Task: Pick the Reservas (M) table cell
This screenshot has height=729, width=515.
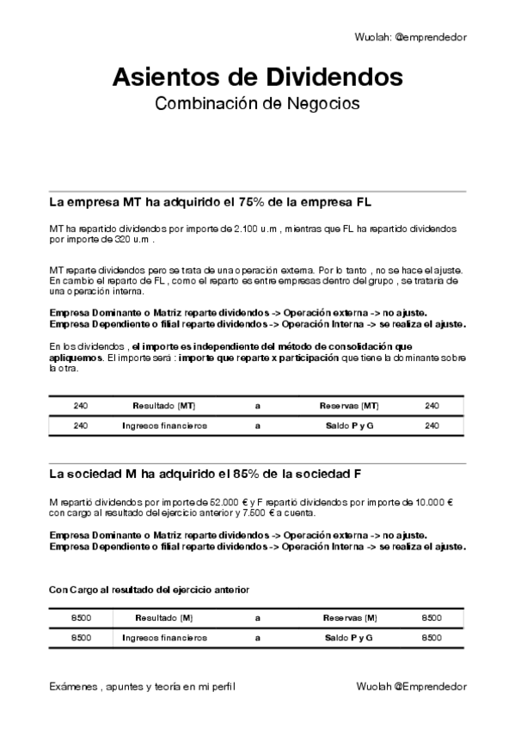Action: click(x=349, y=618)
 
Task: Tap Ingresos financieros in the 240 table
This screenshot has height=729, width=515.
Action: click(x=164, y=426)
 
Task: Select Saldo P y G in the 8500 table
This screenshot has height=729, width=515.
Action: click(x=349, y=638)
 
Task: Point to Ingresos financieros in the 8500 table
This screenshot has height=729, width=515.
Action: click(x=164, y=638)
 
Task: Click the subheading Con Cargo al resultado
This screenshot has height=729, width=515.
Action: click(x=149, y=590)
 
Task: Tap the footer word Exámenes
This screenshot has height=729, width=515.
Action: click(x=72, y=687)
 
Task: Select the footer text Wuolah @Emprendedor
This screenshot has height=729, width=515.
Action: click(x=410, y=687)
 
